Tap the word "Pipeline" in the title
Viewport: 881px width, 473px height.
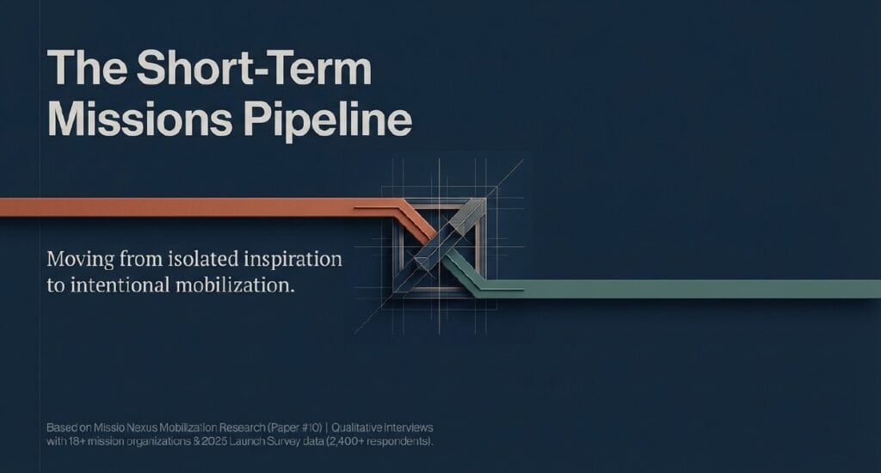coord(327,120)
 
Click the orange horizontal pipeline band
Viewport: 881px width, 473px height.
coord(172,207)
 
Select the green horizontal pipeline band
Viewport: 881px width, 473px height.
coord(688,289)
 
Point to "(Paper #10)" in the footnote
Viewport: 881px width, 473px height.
coord(277,427)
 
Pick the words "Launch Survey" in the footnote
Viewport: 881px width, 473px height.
coord(268,441)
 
